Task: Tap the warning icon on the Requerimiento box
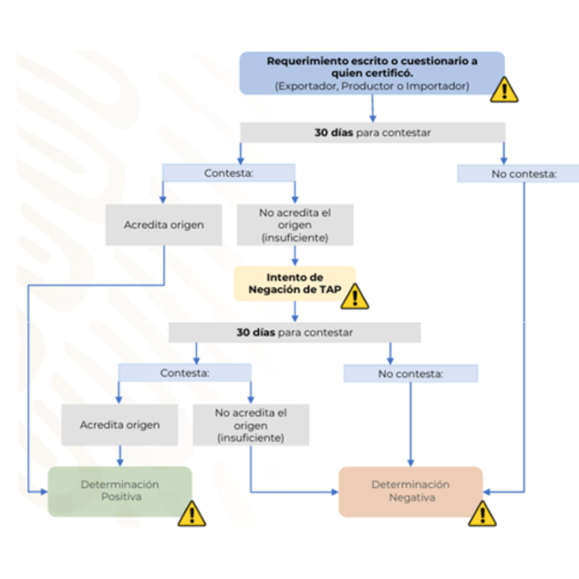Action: [x=503, y=89]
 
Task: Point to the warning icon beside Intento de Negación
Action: [x=355, y=296]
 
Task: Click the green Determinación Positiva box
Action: [x=119, y=491]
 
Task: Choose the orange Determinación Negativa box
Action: [x=411, y=491]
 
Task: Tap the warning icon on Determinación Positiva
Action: [x=192, y=513]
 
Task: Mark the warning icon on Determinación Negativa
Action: [x=482, y=513]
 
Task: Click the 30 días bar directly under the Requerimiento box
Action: [x=373, y=133]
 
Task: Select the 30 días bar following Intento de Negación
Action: [x=295, y=332]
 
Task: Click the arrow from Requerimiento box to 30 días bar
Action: [x=373, y=109]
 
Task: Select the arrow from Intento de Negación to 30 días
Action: [x=295, y=312]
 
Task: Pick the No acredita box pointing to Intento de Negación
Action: [x=295, y=225]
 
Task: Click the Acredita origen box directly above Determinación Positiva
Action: [x=120, y=425]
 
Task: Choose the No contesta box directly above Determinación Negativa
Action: [x=411, y=374]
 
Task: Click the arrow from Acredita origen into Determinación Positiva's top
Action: [x=120, y=456]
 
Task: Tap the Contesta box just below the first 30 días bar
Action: [x=228, y=173]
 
